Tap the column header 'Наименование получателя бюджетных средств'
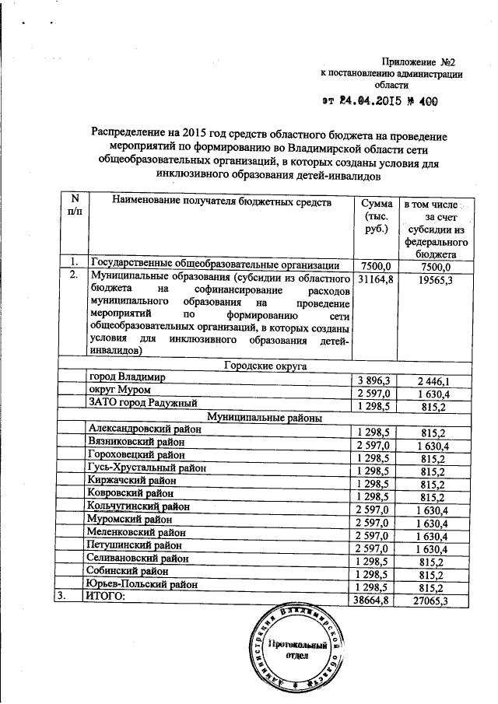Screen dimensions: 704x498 (221, 202)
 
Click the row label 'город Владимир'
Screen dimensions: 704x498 (128, 377)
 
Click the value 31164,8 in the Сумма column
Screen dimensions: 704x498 (375, 278)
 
